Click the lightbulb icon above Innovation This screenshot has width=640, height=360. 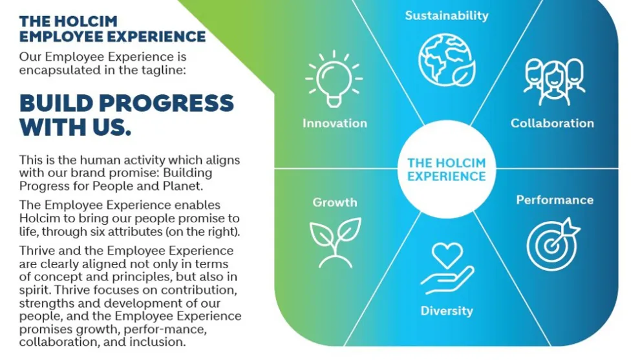(x=334, y=79)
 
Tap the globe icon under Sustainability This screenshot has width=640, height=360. (x=447, y=60)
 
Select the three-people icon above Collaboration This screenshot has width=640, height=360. (x=554, y=81)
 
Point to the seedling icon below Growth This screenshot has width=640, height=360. (x=335, y=242)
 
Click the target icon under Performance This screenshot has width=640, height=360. (x=553, y=244)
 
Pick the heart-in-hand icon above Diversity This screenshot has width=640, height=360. (x=447, y=268)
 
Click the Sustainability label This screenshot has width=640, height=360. (x=447, y=16)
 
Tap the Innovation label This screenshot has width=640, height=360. (x=335, y=123)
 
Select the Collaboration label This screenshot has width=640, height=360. (x=552, y=123)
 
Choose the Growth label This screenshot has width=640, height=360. (x=335, y=202)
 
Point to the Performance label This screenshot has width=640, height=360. (x=555, y=200)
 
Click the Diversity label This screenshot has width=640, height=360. (x=447, y=311)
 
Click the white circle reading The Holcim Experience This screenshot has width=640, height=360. (x=447, y=169)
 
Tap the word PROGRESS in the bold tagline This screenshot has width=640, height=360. (x=166, y=103)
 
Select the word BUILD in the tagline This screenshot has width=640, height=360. (x=56, y=103)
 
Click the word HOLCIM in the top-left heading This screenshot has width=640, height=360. (x=86, y=21)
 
